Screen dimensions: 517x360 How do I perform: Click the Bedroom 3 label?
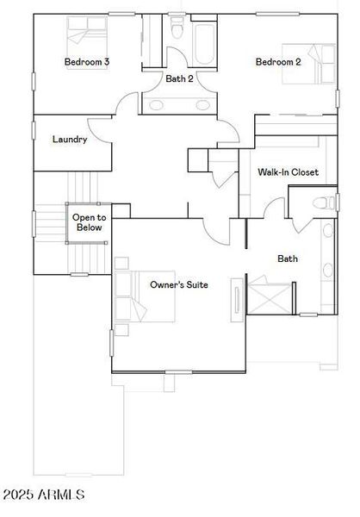pyautogui.click(x=86, y=62)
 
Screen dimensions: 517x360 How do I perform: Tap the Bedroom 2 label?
pyautogui.click(x=278, y=62)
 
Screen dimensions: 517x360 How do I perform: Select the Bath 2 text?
pyautogui.click(x=179, y=78)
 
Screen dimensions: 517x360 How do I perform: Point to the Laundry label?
pyautogui.click(x=69, y=140)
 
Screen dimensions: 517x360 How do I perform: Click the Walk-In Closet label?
pyautogui.click(x=288, y=172)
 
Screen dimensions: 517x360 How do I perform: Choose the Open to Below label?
pyautogui.click(x=87, y=223)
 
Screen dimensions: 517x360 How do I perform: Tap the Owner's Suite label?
pyautogui.click(x=178, y=284)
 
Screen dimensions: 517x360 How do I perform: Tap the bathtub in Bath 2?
pyautogui.click(x=208, y=39)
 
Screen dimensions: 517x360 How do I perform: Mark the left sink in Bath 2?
pyautogui.click(x=158, y=104)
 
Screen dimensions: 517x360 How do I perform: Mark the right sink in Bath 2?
pyautogui.click(x=202, y=104)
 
